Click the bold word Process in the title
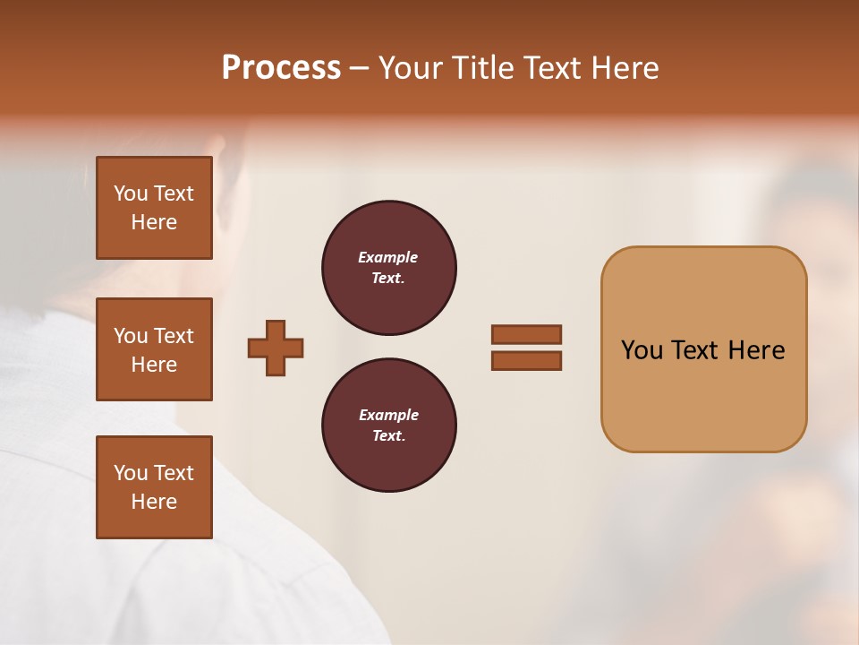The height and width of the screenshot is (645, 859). coord(281,68)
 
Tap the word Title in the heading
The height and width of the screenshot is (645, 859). coord(484,68)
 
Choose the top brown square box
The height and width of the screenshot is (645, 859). coord(154,208)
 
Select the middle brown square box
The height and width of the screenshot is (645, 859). coord(154,349)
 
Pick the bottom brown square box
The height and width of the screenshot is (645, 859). coord(154,487)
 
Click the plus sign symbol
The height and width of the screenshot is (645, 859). coord(276,348)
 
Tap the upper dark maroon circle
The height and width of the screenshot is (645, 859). coord(389,268)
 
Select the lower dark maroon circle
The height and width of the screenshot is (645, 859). coord(389,426)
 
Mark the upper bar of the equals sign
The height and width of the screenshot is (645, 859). coord(527,334)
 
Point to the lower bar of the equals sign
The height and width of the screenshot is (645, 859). coord(527,360)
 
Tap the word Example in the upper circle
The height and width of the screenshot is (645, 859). coord(388,257)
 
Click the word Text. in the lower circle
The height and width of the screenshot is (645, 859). coord(388,436)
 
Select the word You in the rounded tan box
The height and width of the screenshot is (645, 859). coord(642,350)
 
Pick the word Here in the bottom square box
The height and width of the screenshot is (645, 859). coord(154,502)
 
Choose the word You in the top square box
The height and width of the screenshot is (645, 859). coord(131,193)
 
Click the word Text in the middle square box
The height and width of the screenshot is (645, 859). coord(174,336)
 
